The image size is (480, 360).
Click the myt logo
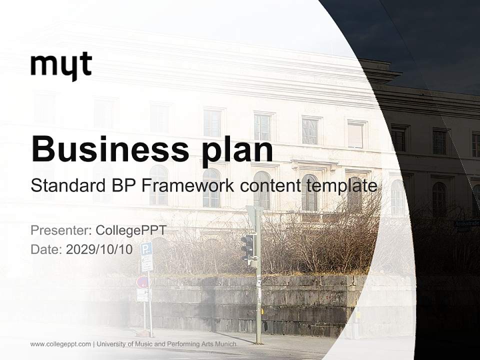pyautogui.click(x=61, y=65)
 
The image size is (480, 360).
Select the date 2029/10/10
pyautogui.click(x=99, y=249)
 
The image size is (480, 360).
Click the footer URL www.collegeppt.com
pyautogui.click(x=60, y=344)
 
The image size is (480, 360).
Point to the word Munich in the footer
pyautogui.click(x=222, y=344)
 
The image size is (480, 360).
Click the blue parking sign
pyautogui.click(x=146, y=249)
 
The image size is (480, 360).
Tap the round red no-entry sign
pyautogui.click(x=142, y=282)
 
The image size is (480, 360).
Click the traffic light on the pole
pyautogui.click(x=247, y=247)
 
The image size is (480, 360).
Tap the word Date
pyautogui.click(x=46, y=249)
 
